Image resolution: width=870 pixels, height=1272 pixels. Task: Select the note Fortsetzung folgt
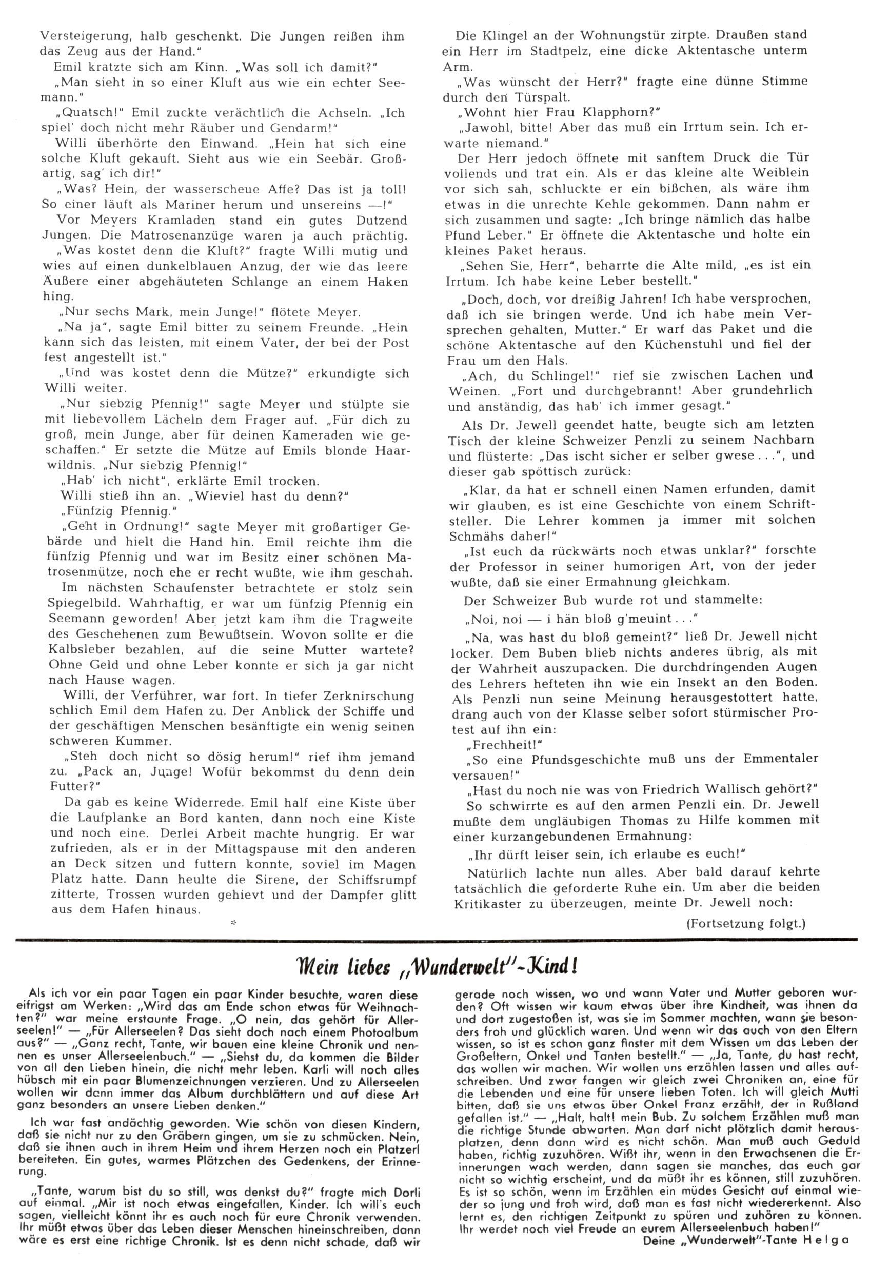[x=746, y=923]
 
